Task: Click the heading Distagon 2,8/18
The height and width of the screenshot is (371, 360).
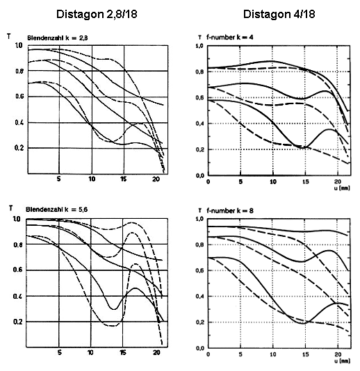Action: click(x=97, y=15)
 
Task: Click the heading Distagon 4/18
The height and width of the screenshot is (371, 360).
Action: click(x=279, y=14)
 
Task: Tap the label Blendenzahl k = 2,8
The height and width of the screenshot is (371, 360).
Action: click(x=58, y=38)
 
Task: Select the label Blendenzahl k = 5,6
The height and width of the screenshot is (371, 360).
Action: click(x=56, y=209)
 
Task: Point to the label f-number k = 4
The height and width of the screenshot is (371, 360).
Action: click(x=230, y=38)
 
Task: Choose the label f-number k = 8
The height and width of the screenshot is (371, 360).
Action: click(x=230, y=211)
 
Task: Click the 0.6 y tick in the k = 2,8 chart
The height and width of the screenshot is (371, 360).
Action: click(x=19, y=97)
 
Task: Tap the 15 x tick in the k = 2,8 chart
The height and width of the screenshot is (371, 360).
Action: click(x=123, y=179)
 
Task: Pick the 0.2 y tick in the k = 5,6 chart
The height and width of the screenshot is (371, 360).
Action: click(x=18, y=322)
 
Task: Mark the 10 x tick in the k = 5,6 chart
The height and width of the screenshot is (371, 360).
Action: click(x=90, y=352)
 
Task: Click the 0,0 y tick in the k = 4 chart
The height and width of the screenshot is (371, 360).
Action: click(x=199, y=176)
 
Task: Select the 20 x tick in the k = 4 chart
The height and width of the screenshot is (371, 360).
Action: click(x=338, y=181)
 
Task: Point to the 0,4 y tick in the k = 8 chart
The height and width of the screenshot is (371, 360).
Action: click(x=199, y=297)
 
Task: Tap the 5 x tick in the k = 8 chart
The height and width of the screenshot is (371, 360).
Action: click(x=240, y=354)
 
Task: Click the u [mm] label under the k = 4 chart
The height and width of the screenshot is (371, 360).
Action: click(x=342, y=188)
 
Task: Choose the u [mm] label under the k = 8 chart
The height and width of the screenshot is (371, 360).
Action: click(x=342, y=361)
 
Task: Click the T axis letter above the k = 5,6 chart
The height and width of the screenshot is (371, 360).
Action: click(x=10, y=208)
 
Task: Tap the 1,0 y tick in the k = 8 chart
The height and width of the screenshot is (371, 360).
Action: click(x=199, y=219)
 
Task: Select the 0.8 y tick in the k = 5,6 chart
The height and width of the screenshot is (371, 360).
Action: click(x=18, y=245)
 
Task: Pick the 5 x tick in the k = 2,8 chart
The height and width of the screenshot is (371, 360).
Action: click(x=58, y=179)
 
